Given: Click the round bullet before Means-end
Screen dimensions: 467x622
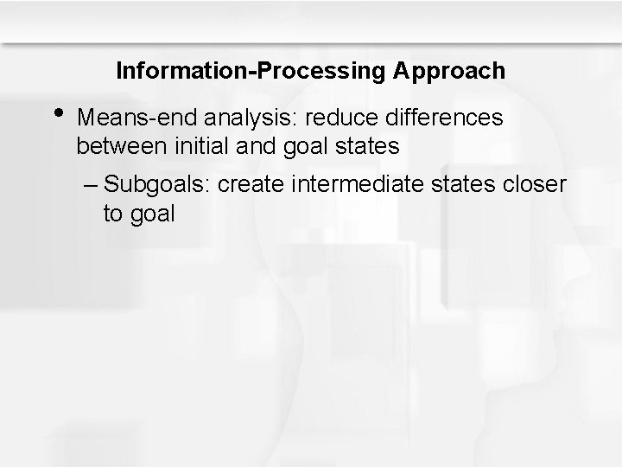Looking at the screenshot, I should click(x=58, y=113).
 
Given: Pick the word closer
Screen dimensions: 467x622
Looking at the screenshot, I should click(x=537, y=184).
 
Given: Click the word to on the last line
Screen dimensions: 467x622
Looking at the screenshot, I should click(x=112, y=214).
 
